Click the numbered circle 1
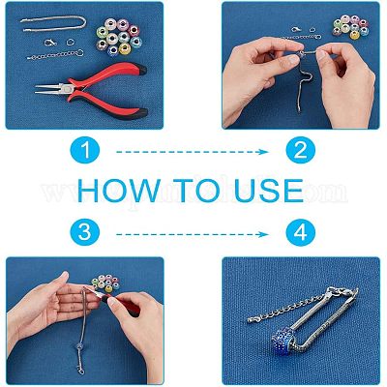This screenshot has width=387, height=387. pos(85,151)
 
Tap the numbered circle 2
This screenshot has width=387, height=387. pos(301,151)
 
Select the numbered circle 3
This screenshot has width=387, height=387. pos(85,232)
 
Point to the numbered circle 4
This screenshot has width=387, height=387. pos(301,232)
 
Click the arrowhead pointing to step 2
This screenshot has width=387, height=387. pos(264,152)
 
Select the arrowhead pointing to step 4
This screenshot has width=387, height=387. pos(264,234)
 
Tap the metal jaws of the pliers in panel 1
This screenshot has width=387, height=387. pos(52,89)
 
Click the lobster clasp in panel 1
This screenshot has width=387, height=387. pos(50,43)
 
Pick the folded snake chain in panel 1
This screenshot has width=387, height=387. pos(53,24)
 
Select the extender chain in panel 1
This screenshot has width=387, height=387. pos(55,55)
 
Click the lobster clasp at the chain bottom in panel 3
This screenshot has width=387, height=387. pos(80,369)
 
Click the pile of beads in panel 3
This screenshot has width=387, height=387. pos(105,283)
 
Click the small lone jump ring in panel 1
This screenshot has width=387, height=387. pos(71,42)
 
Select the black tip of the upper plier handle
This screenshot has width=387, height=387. pos(142,70)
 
